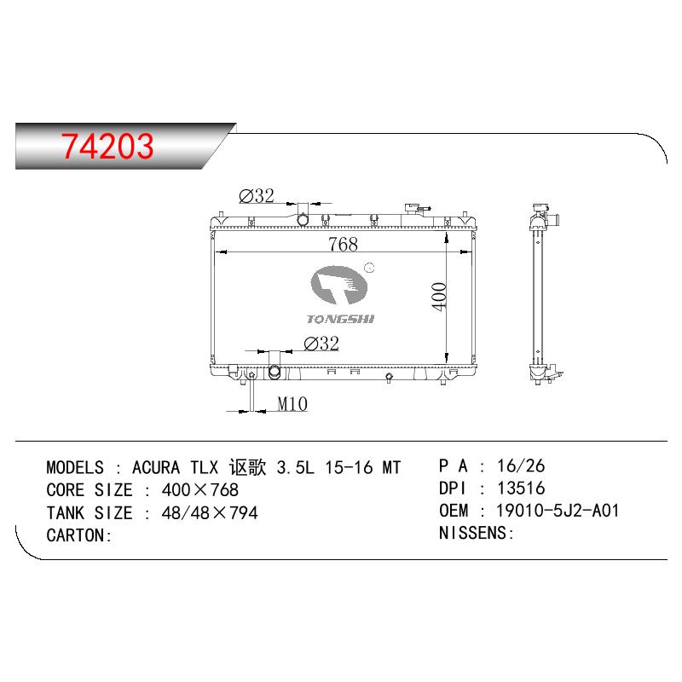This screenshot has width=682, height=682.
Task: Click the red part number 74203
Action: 107,146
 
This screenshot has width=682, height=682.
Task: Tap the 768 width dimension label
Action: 344,244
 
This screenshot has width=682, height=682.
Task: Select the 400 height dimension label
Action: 439,297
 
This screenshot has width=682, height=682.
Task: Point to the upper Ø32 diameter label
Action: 257,196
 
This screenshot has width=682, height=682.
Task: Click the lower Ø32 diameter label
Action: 321,344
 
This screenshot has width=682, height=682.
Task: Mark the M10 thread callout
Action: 292,404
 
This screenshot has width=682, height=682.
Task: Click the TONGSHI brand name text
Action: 340,319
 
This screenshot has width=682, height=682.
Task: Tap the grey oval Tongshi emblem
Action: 338,285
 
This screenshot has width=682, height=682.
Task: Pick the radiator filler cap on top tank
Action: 412,208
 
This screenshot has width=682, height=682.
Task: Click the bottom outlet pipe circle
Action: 275,373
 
